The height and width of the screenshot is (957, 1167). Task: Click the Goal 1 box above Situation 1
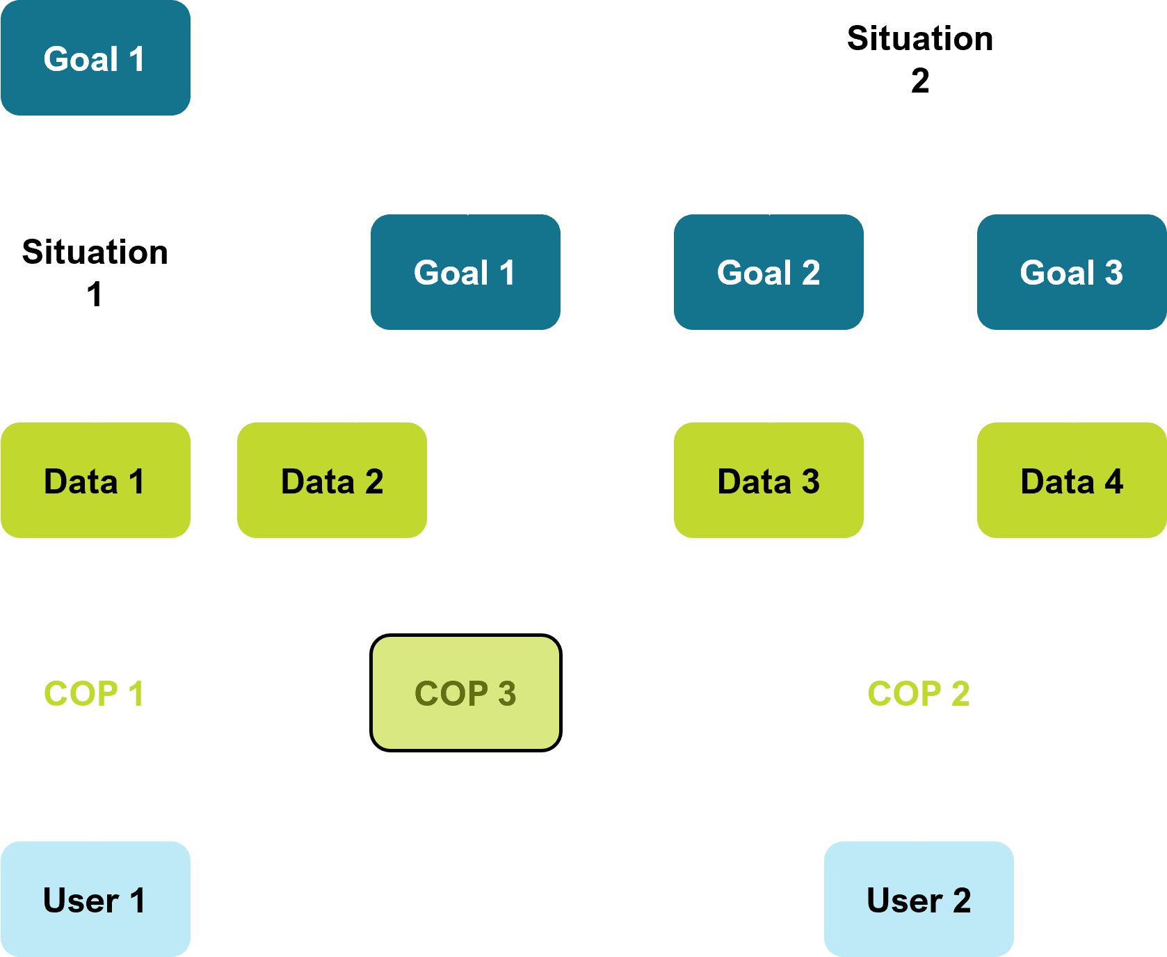click(x=95, y=58)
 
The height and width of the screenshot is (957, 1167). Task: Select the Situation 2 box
click(x=919, y=58)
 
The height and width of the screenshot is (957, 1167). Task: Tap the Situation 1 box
click(x=95, y=272)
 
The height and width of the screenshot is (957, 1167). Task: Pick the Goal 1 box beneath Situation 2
click(x=465, y=272)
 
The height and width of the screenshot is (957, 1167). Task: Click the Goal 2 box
click(x=768, y=272)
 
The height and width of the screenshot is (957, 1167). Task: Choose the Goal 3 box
click(x=1071, y=272)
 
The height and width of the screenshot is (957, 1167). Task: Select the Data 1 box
click(x=95, y=480)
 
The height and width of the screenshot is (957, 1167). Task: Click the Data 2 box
click(x=332, y=480)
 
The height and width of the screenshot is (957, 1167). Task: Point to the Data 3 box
click(x=768, y=480)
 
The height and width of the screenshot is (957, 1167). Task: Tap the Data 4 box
click(x=1071, y=480)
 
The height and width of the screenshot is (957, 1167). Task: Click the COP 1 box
click(x=95, y=693)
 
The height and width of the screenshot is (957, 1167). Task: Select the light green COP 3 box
click(x=465, y=693)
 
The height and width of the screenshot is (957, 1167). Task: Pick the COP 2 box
click(x=919, y=693)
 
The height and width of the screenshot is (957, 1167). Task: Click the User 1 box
click(x=95, y=899)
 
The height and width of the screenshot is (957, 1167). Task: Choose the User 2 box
click(x=919, y=899)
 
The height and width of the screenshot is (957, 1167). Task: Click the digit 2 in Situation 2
click(x=919, y=81)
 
